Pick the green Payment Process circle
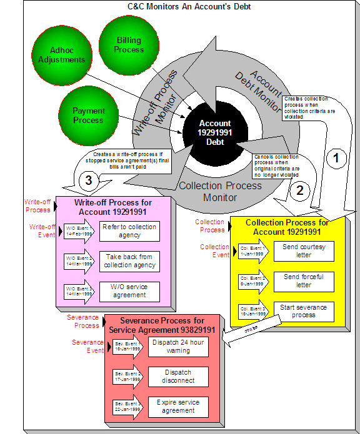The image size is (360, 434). tap(88, 116)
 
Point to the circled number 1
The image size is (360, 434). tap(337, 159)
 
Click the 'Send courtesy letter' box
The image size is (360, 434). tap(304, 251)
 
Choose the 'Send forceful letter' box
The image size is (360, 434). tap(304, 281)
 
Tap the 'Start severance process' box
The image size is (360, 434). tap(304, 311)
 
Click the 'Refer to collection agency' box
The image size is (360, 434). tap(129, 231)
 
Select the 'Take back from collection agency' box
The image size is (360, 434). tap(129, 261)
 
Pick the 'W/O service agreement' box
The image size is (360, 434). tap(129, 291)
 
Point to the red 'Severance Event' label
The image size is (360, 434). tap(87, 347)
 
